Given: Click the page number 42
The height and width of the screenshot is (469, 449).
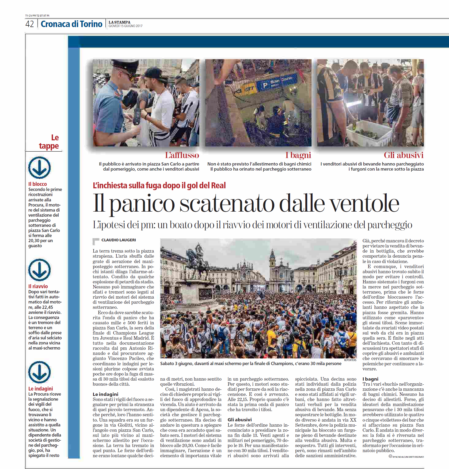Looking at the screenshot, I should point(29,24).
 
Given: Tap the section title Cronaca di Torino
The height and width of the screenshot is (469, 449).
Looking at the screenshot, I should point(71,24).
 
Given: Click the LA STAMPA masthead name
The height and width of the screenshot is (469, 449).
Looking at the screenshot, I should point(119,22).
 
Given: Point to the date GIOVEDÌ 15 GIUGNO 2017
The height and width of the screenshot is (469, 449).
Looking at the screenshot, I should point(125,26).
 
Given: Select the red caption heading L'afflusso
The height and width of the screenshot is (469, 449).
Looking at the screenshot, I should point(182,155).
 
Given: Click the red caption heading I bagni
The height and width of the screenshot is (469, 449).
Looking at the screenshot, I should point(298,155).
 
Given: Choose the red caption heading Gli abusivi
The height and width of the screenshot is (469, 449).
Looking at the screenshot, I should point(404,155).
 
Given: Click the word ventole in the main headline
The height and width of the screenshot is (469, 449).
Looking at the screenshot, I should point(364,204).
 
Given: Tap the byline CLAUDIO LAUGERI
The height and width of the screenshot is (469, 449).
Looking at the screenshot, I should point(119,240).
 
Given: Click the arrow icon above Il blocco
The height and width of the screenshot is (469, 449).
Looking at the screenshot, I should point(39,168).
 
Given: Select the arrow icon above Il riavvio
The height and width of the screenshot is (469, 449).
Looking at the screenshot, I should point(39,270).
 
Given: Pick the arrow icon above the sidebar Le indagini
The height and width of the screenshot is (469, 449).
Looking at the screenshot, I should point(39,372).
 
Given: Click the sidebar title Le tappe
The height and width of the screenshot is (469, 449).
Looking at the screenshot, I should point(49,142).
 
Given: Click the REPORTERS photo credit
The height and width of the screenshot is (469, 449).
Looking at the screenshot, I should point(350,360).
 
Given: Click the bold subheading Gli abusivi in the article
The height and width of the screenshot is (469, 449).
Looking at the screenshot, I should point(239,420).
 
